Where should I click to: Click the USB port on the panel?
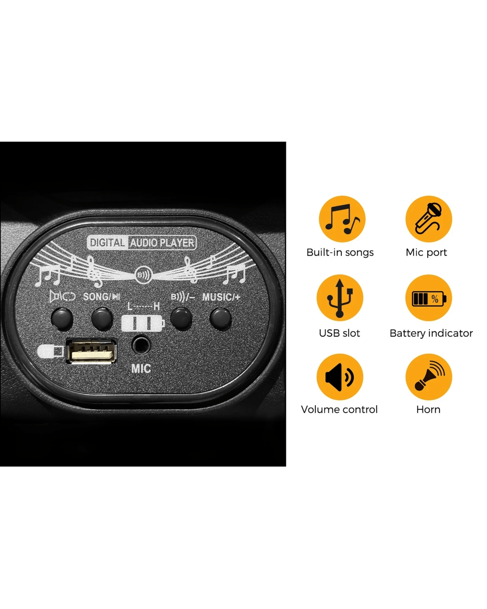tap(91, 351)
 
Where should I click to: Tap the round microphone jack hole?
tap(141, 344)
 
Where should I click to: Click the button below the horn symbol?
tap(62, 319)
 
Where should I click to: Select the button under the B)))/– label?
tap(182, 319)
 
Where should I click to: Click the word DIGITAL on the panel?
tap(108, 243)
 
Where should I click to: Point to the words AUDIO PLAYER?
tap(162, 243)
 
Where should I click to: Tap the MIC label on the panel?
tap(141, 369)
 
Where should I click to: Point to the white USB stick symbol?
tap(50, 351)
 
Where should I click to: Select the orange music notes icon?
tap(342, 219)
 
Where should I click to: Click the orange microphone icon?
tap(429, 219)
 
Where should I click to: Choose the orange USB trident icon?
tap(340, 298)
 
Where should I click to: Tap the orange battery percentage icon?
tap(429, 298)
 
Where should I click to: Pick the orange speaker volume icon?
tap(340, 376)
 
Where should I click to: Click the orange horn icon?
tap(429, 376)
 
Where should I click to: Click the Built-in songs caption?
tap(340, 252)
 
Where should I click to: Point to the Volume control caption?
tap(339, 409)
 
